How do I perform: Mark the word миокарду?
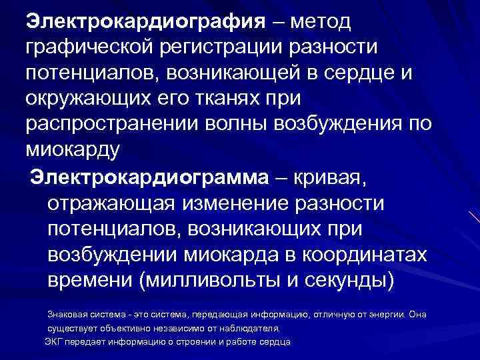(73, 148)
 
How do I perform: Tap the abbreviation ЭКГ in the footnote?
(54, 341)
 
